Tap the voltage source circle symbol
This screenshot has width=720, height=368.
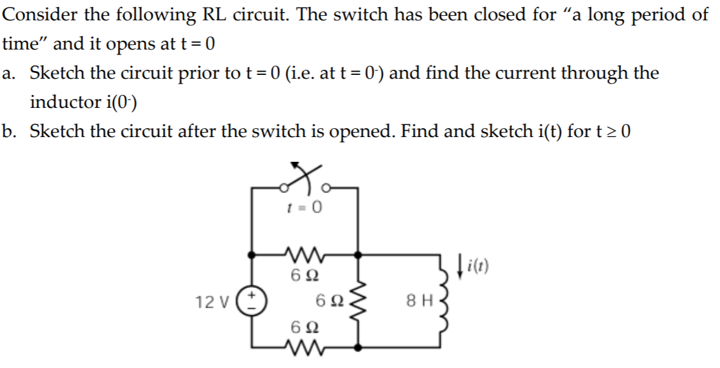tap(252, 301)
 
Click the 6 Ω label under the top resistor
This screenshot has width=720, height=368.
tap(305, 276)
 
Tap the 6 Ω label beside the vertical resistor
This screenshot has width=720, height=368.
tap(332, 301)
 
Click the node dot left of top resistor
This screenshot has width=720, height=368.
tap(252, 254)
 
